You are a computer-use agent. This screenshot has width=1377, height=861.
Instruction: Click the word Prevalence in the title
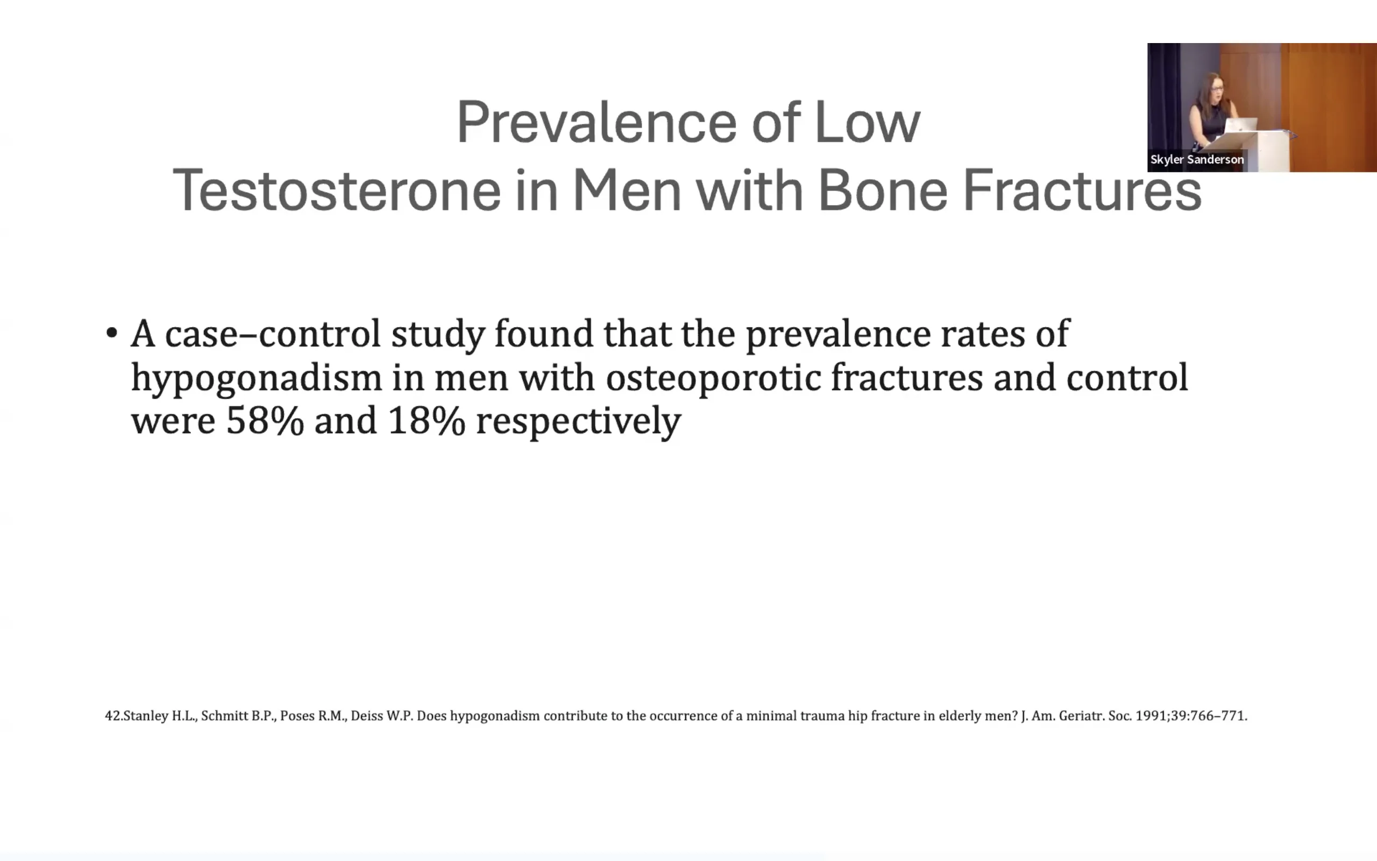click(597, 122)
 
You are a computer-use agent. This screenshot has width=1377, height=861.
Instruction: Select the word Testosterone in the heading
click(337, 189)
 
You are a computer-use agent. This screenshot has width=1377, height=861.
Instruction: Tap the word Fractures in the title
click(1082, 189)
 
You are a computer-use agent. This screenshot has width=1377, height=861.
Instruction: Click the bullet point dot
click(111, 333)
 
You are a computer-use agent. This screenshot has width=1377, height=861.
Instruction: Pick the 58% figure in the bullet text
click(265, 421)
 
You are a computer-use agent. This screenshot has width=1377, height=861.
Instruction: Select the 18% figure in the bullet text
click(426, 421)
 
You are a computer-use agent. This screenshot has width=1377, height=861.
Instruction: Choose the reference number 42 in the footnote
click(112, 716)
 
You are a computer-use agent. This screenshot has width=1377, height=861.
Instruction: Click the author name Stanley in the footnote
click(146, 716)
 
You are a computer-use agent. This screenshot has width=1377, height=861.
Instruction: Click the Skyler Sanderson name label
click(1197, 160)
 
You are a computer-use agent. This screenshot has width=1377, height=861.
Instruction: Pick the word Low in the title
click(868, 122)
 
